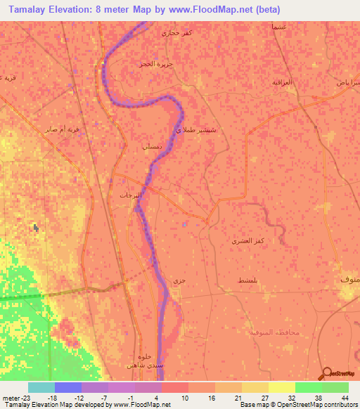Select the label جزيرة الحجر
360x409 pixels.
pyautogui.click(x=155, y=64)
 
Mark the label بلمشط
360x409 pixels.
pyautogui.click(x=250, y=280)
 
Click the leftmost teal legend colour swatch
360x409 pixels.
pyautogui.click(x=41, y=387)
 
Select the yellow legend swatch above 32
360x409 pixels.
pyautogui.click(x=281, y=387)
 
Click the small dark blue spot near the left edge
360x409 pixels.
pyautogui.click(x=34, y=227)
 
